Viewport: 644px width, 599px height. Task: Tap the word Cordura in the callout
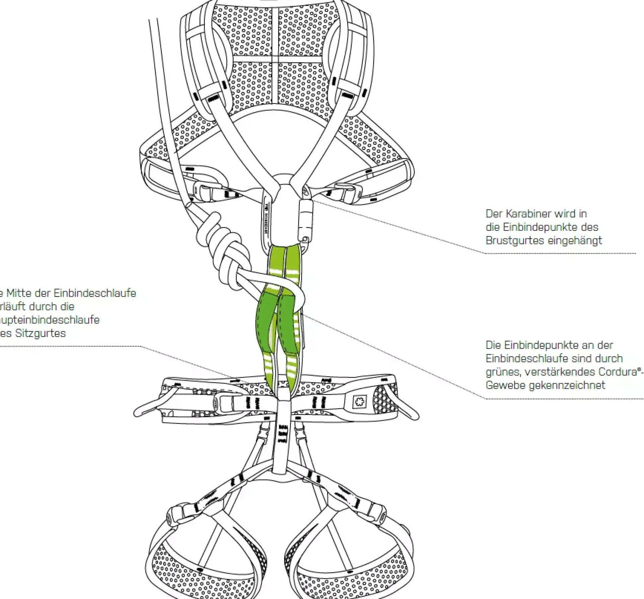click(617, 372)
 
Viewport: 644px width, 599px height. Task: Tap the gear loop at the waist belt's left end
click(149, 407)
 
